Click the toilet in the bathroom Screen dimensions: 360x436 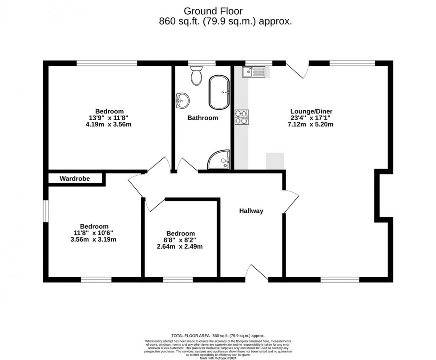[196, 76]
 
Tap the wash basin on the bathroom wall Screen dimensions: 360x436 [182, 100]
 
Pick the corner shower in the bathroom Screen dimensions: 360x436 [220, 160]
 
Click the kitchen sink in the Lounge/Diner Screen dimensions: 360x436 [253, 71]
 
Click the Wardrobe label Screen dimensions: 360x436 [75, 179]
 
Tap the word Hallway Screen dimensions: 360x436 [251, 211]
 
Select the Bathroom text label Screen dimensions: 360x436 [202, 118]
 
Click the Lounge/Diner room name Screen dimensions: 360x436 [311, 111]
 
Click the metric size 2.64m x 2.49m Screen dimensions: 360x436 [181, 247]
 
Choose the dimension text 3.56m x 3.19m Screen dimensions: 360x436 [94, 239]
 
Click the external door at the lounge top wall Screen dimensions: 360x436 [297, 69]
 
